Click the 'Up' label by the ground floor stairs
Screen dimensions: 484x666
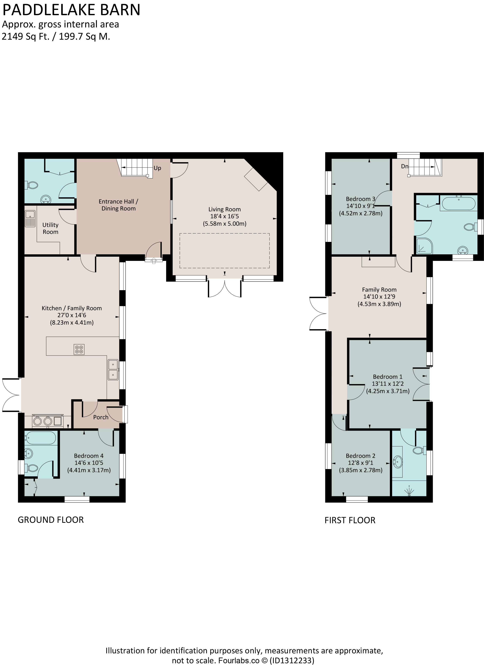pos(157,168)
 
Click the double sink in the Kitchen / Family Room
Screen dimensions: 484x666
pos(113,370)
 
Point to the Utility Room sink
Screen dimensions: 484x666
pos(30,218)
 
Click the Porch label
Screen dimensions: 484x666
pos(101,417)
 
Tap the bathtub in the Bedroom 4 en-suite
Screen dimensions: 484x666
pos(41,439)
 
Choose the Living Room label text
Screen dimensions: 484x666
pos(225,209)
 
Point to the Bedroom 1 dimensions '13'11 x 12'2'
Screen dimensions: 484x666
pos(388,383)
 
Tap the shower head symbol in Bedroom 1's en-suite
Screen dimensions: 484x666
pos(409,491)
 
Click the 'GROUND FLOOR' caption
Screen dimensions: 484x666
pos(51,520)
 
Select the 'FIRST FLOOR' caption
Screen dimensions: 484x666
pos(350,520)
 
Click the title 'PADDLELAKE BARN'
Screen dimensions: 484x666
pos(71,10)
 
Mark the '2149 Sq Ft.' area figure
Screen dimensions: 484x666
pos(26,37)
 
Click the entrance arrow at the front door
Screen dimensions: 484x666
pos(154,260)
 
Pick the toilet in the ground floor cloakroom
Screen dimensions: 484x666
pos(32,185)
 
